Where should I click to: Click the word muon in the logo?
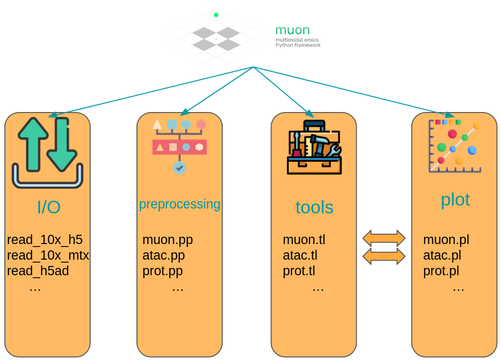click(x=292, y=30)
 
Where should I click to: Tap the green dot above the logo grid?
click(x=216, y=15)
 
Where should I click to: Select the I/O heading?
click(x=49, y=208)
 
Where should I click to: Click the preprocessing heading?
click(x=180, y=204)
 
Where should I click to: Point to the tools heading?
click(x=314, y=208)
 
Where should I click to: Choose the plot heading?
click(x=455, y=199)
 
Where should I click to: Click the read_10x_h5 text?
click(x=45, y=240)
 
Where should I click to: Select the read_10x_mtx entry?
click(x=48, y=255)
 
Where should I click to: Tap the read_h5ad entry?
click(x=38, y=271)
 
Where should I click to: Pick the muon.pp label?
click(x=168, y=240)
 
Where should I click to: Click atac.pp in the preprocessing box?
click(x=164, y=255)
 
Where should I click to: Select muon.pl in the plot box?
click(x=446, y=240)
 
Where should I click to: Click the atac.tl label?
click(x=300, y=255)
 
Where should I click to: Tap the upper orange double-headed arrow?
click(x=384, y=238)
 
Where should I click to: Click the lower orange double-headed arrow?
click(x=384, y=256)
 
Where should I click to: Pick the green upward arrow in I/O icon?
click(x=33, y=144)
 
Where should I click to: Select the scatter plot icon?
click(x=455, y=146)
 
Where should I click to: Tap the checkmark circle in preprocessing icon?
click(x=180, y=168)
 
